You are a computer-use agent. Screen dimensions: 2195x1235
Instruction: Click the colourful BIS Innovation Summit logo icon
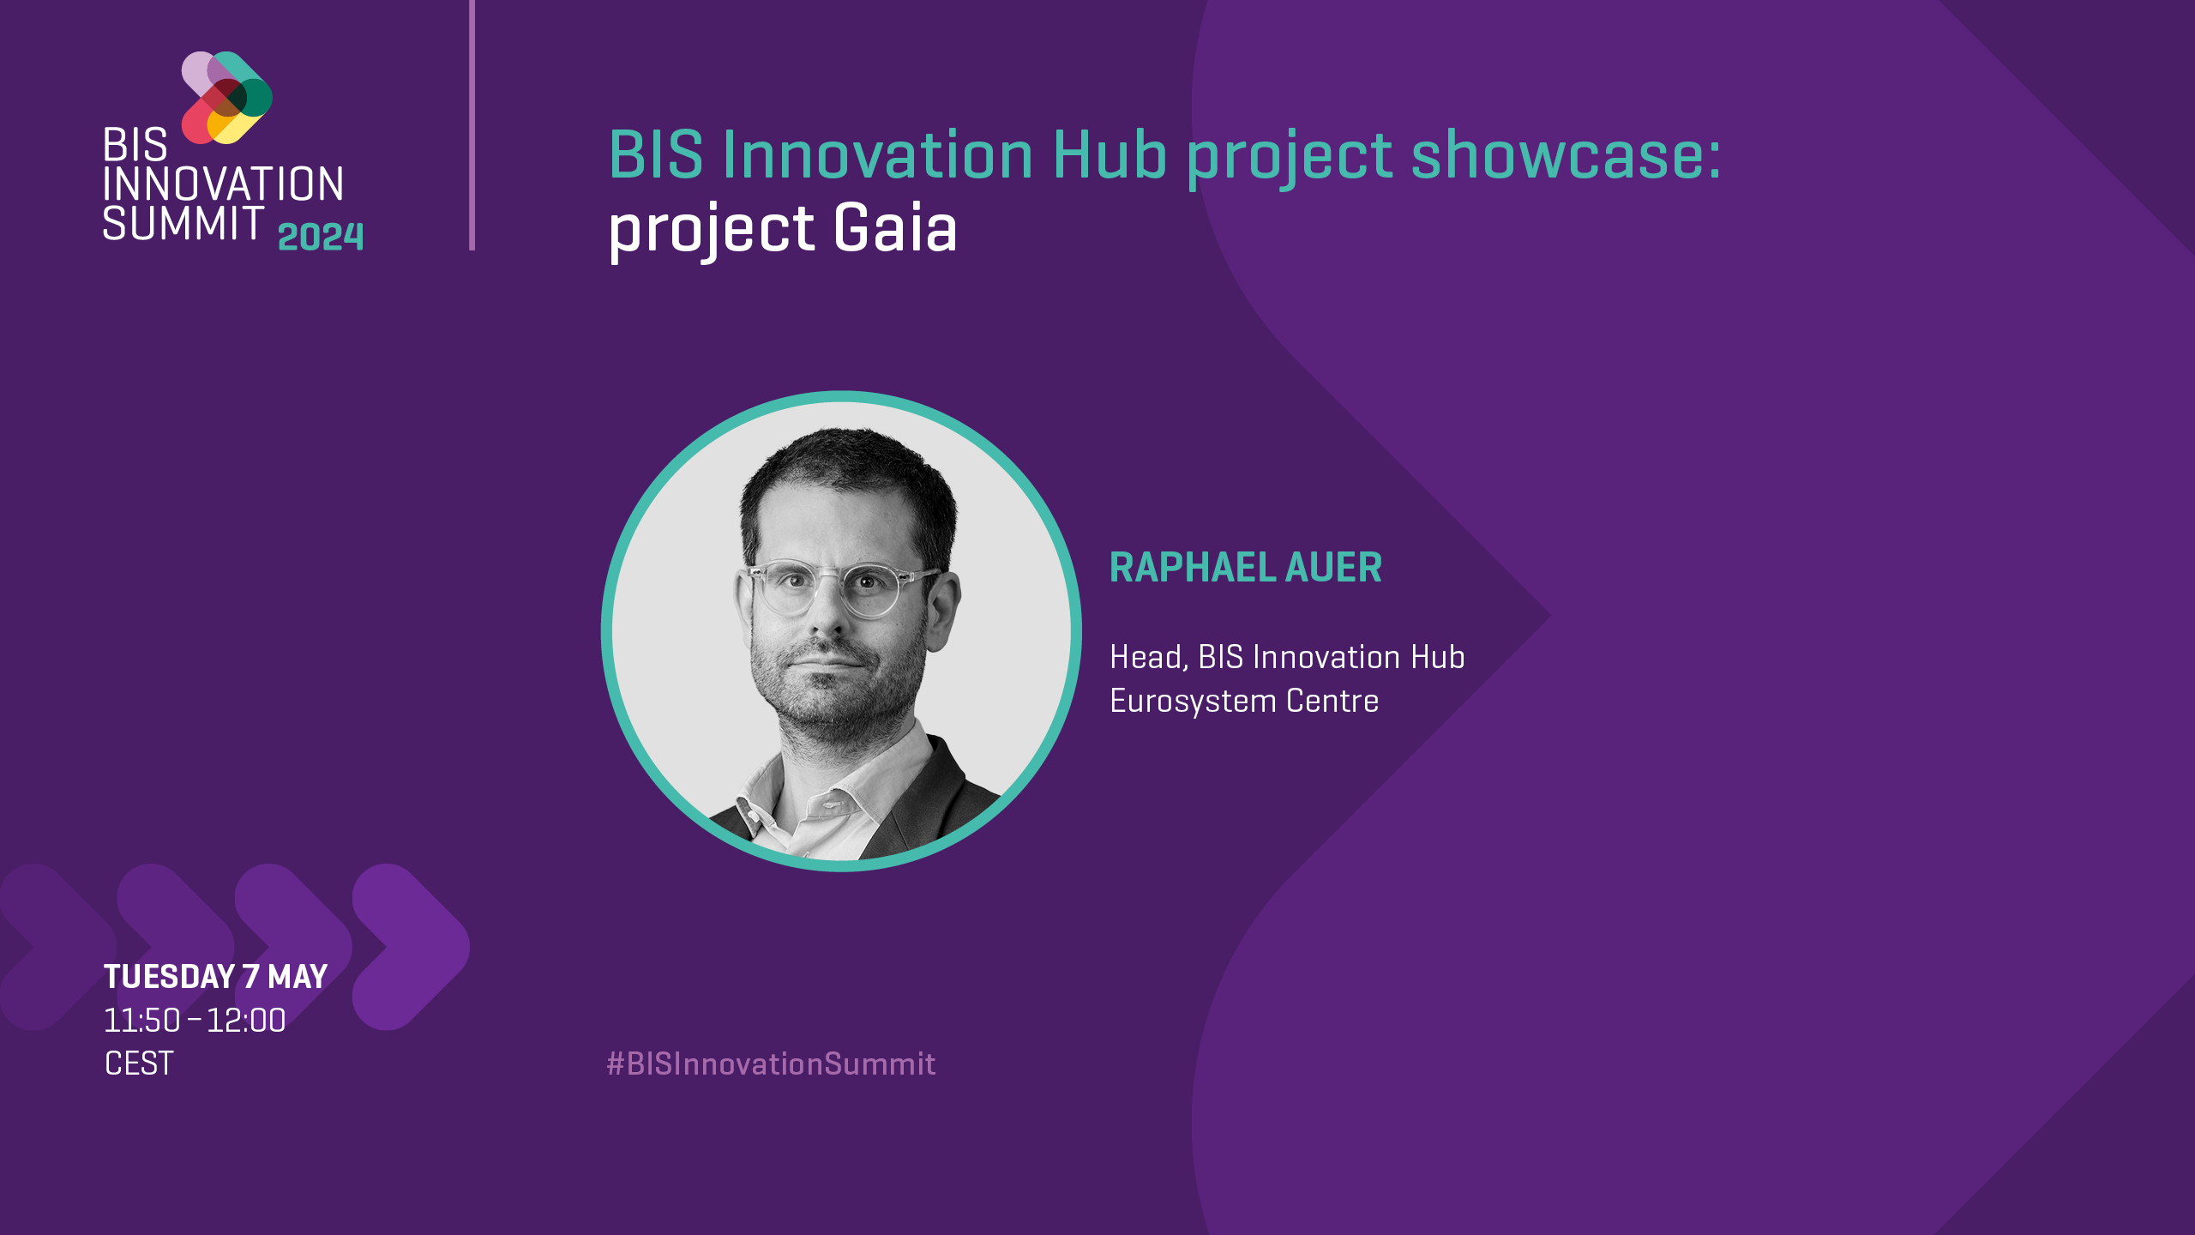pos(226,97)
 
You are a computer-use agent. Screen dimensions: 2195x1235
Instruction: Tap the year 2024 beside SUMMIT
pos(321,237)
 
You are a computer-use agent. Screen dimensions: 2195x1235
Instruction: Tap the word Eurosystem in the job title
pos(1193,702)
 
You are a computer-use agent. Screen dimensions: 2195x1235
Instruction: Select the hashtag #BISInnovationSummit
pos(771,1064)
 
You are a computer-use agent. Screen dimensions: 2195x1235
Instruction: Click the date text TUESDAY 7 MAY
pos(215,977)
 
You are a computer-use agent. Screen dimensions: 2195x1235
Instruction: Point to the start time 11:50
pos(142,1021)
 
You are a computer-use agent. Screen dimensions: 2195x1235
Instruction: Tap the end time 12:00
pos(246,1021)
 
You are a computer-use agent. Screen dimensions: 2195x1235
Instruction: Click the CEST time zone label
pos(139,1063)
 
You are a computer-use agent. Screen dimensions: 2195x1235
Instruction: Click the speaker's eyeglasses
pos(840,588)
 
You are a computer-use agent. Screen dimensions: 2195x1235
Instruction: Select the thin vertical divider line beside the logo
pos(472,125)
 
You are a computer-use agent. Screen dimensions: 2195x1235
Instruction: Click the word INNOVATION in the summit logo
pos(223,184)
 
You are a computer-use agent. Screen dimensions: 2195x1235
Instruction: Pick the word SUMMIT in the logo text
pos(183,223)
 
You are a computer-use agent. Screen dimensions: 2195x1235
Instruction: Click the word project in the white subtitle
pos(711,230)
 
